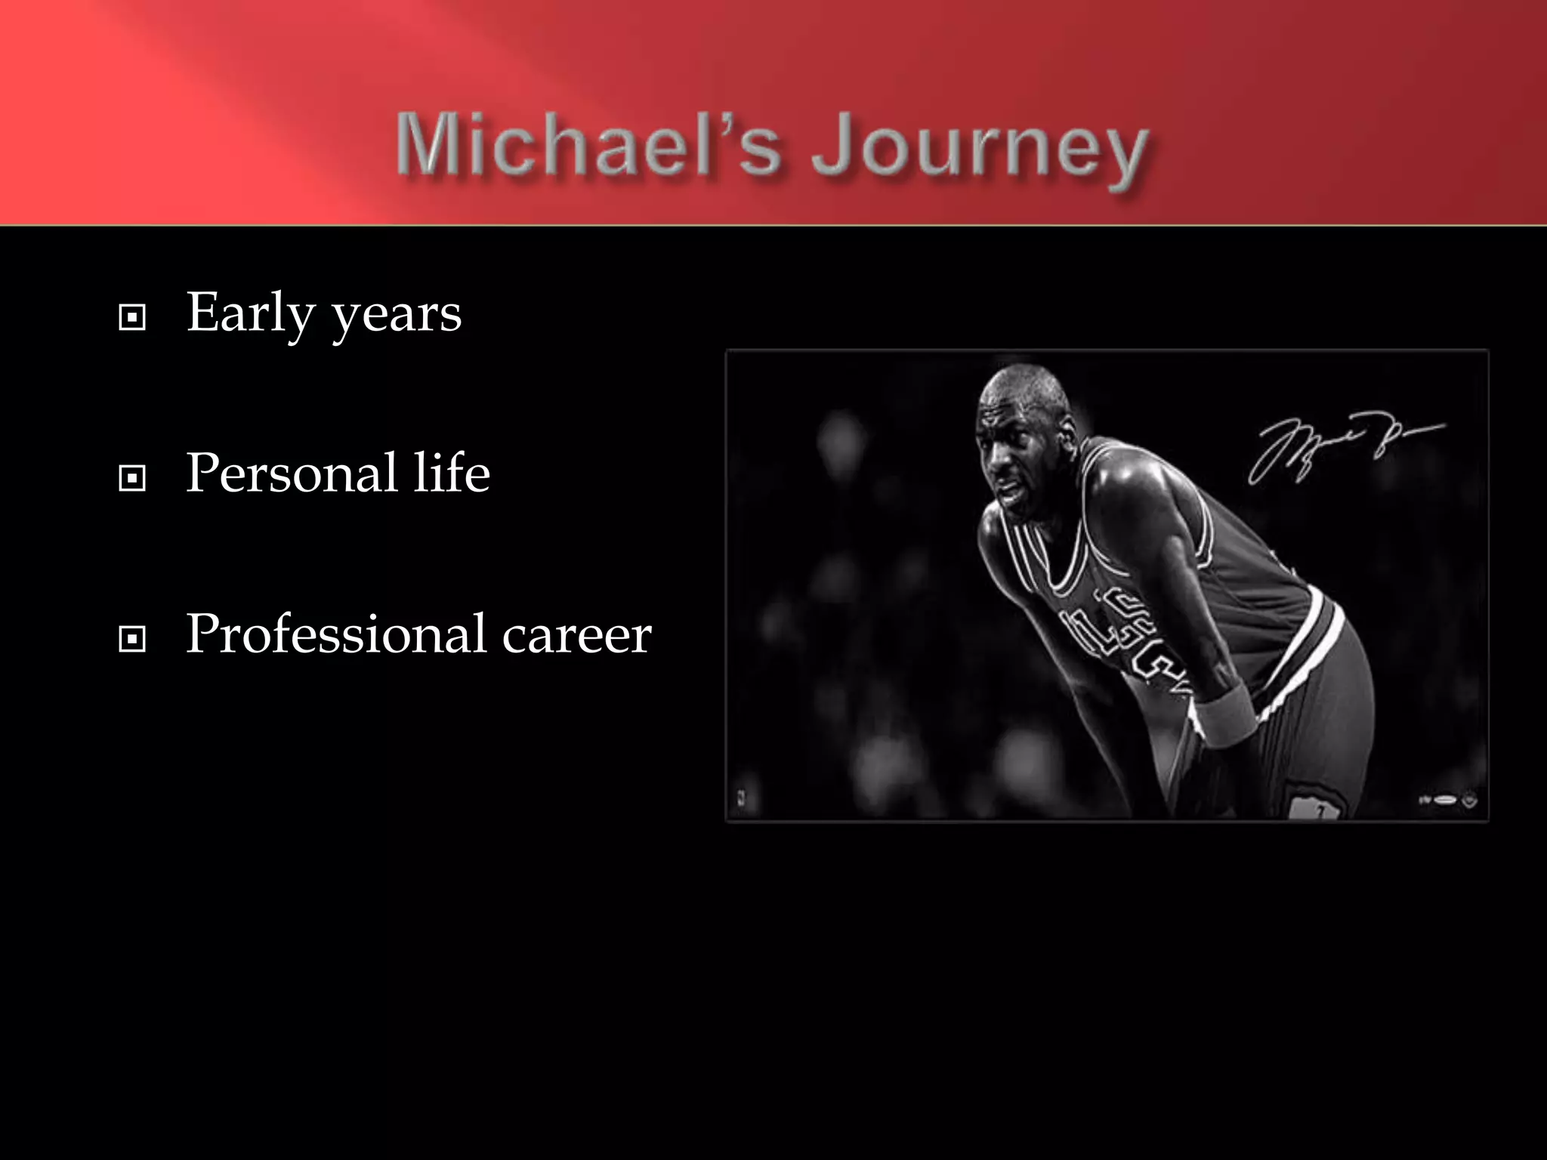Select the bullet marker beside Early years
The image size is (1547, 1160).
(x=133, y=318)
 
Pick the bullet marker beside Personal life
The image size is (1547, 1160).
(x=133, y=478)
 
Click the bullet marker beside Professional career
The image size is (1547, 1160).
(x=133, y=640)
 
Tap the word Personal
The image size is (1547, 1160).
(x=292, y=474)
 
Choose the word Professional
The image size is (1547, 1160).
(x=336, y=634)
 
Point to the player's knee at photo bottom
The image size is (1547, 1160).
(x=1314, y=804)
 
